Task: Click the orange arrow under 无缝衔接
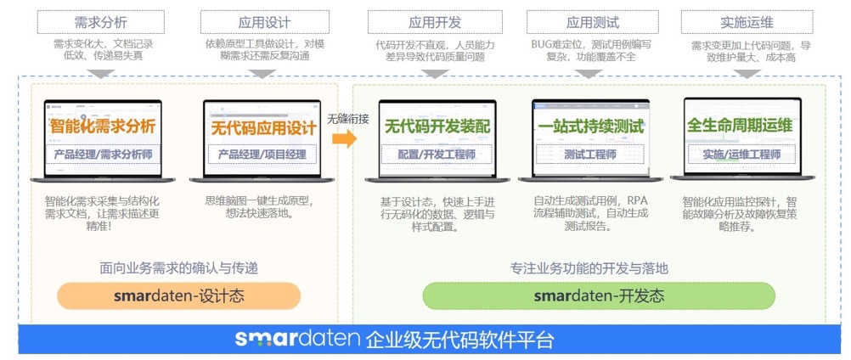(x=345, y=139)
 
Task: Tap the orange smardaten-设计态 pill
(x=179, y=295)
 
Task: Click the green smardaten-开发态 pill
(x=599, y=295)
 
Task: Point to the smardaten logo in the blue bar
(x=297, y=340)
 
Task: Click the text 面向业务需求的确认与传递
(x=178, y=267)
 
